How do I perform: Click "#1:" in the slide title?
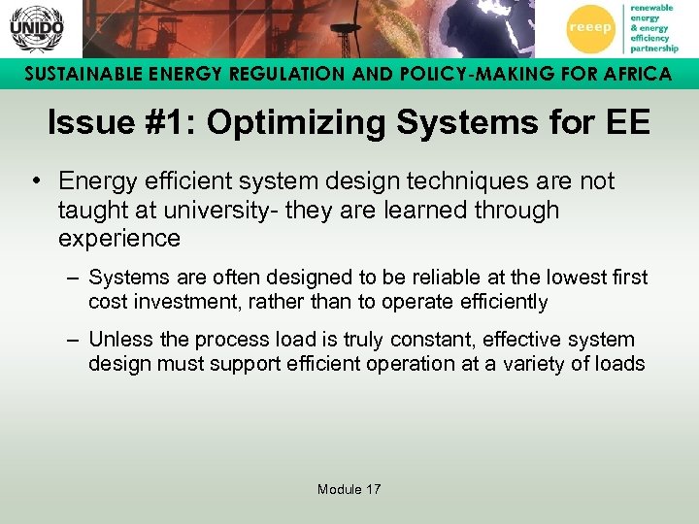166,123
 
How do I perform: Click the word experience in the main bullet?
119,238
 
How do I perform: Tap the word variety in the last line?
533,364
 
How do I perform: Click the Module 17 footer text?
349,489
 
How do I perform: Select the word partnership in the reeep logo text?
655,48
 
